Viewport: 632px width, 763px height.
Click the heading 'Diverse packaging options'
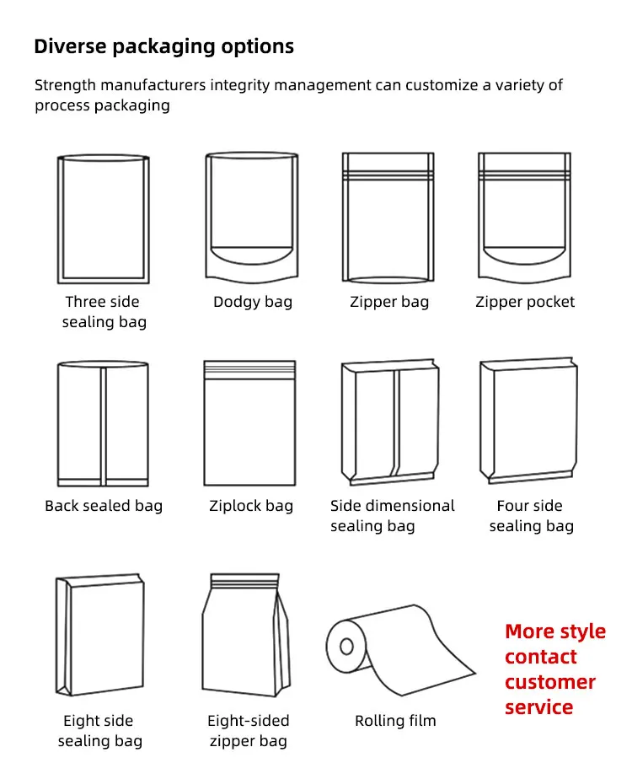(163, 46)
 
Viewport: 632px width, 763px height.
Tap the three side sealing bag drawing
(104, 219)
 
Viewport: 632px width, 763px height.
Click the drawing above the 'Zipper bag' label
(388, 218)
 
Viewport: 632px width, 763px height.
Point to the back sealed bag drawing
(103, 424)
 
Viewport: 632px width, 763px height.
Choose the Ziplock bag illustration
(249, 423)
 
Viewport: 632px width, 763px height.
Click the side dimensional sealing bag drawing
(389, 423)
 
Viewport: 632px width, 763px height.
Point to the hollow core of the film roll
(346, 647)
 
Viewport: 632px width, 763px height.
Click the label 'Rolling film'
(395, 721)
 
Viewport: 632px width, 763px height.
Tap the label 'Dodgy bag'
(253, 302)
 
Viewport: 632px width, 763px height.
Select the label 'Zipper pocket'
(525, 302)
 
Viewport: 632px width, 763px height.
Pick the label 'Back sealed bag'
(104, 506)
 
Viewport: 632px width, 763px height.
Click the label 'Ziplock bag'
(251, 506)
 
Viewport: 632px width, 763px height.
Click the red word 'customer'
(550, 682)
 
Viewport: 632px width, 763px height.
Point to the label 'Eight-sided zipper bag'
(248, 731)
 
